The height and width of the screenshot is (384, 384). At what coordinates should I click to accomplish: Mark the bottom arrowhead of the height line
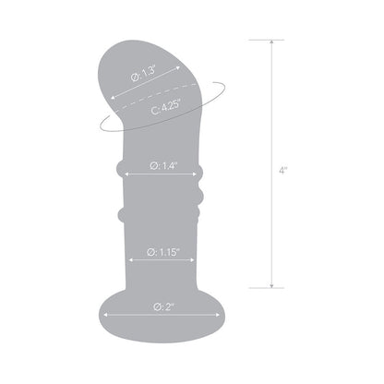270,286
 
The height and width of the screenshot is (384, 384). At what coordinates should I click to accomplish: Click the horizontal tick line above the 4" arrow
270,40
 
